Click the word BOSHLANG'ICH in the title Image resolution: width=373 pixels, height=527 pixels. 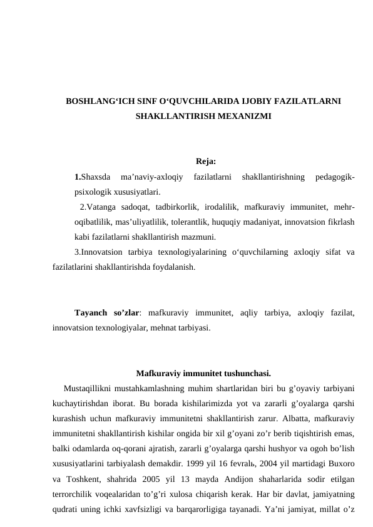tap(96, 101)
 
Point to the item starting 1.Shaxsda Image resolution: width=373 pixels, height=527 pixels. tap(93, 177)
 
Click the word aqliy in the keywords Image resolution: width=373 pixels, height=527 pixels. tap(248, 312)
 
